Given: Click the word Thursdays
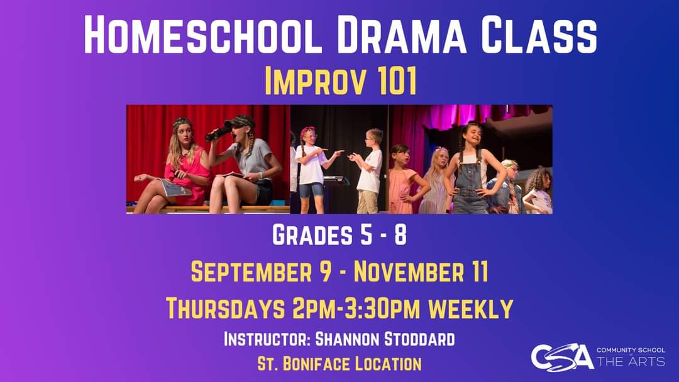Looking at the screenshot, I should point(224,308).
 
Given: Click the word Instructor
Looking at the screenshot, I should point(267,340).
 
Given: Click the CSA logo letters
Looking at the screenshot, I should point(561,357).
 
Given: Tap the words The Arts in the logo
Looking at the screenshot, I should point(630,361).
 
